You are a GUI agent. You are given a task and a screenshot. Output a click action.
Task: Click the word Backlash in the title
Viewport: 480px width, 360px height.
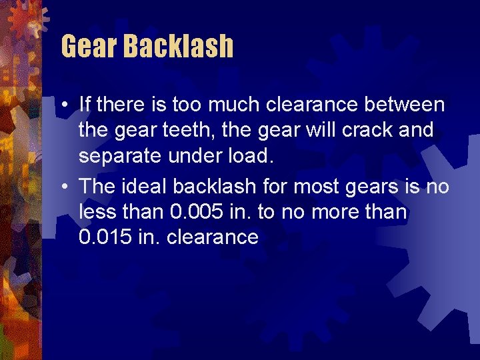click(x=178, y=46)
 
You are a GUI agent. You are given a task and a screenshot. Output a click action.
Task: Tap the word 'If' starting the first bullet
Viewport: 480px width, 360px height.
click(x=85, y=104)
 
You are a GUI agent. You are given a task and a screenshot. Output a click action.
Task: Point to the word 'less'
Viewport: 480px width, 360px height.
click(x=97, y=212)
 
